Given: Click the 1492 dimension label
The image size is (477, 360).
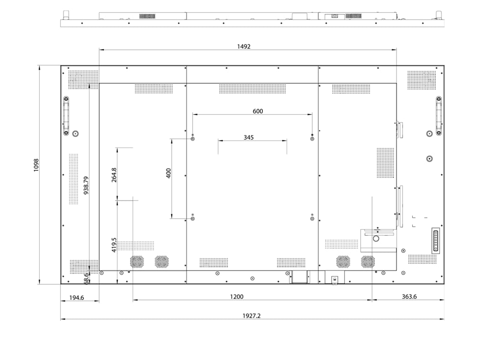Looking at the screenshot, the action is [x=244, y=46].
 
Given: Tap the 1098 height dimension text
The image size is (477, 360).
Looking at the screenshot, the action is [x=36, y=165].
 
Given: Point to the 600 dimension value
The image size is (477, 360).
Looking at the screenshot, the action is [x=258, y=111].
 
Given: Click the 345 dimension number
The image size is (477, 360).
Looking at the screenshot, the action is [x=249, y=138].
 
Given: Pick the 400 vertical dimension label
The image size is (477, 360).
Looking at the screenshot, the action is [x=168, y=173].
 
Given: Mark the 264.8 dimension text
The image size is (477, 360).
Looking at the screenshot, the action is [x=114, y=175].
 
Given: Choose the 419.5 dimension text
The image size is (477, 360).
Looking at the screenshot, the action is [x=114, y=245].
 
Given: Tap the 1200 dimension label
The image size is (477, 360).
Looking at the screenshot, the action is [x=237, y=296].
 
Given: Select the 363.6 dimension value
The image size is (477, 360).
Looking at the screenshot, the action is [x=409, y=296].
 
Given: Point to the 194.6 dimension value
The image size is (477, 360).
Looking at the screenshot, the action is [x=76, y=297].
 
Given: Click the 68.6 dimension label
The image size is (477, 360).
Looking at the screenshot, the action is [x=86, y=278].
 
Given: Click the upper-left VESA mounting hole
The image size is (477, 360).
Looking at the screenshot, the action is [x=192, y=139].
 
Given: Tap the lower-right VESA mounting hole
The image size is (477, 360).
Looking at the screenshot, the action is [x=312, y=219].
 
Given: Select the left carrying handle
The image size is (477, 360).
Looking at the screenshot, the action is [x=66, y=115].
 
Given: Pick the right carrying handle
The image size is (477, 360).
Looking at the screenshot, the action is [x=438, y=115].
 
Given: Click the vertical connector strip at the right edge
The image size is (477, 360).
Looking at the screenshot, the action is [x=435, y=240].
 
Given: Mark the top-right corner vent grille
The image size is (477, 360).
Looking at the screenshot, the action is [x=421, y=80].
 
